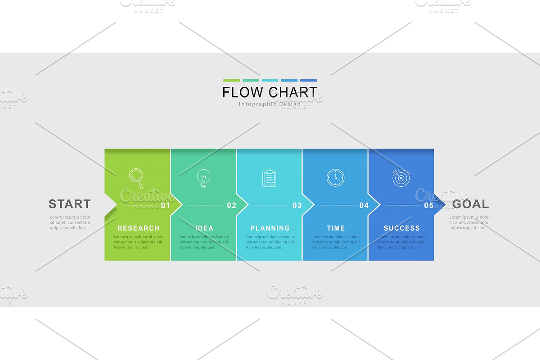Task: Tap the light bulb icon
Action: click(203, 178)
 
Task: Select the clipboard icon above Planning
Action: click(269, 178)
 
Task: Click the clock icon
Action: click(335, 178)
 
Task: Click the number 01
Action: click(166, 206)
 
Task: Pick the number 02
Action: click(231, 206)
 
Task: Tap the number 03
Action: click(297, 206)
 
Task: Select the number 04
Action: click(364, 206)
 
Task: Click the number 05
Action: click(429, 206)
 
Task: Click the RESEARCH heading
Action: click(138, 228)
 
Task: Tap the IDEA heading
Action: click(204, 228)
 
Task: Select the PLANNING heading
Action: click(270, 228)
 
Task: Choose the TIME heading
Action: click(336, 228)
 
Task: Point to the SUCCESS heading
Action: click(401, 228)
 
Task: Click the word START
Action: click(70, 204)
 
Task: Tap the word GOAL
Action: click(471, 204)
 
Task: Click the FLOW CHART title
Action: click(270, 92)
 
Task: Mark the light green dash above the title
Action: click(231, 81)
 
